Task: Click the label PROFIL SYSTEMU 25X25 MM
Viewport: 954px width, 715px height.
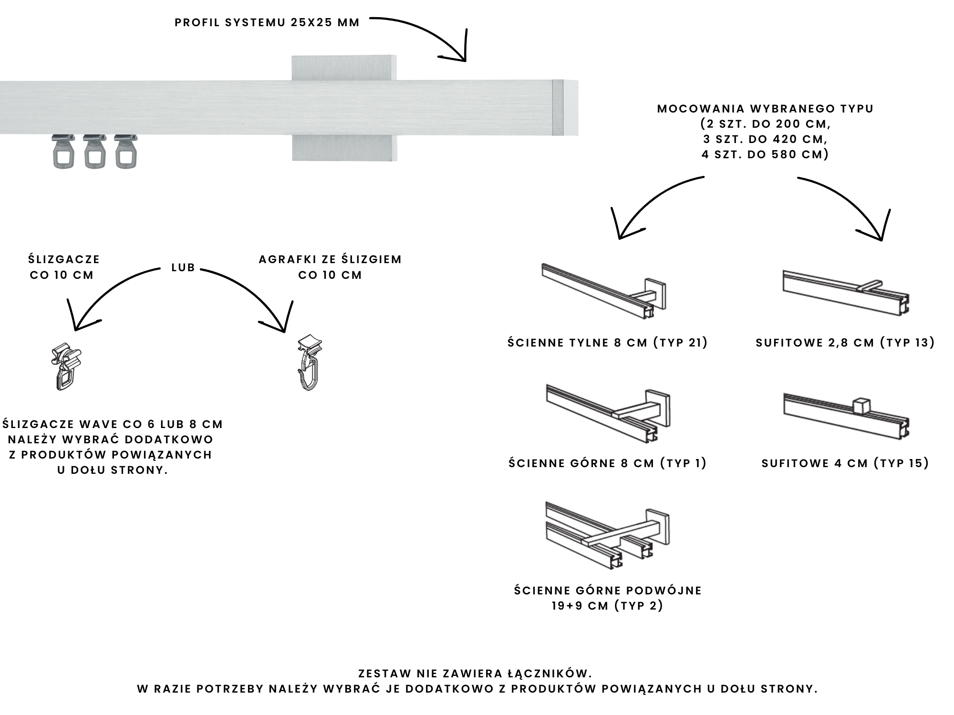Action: click(x=267, y=23)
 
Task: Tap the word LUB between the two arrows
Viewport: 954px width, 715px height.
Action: click(x=183, y=267)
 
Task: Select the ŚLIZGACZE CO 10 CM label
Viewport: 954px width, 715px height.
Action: click(x=64, y=267)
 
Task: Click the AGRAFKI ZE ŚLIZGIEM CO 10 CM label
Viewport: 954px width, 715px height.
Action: click(x=330, y=267)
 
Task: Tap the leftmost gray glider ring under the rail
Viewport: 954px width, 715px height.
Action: click(x=64, y=152)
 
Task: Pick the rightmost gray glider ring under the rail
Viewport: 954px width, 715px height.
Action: click(x=126, y=152)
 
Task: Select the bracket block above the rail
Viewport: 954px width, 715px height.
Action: click(x=343, y=68)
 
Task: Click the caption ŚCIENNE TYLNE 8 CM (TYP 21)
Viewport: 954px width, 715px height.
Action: click(x=608, y=343)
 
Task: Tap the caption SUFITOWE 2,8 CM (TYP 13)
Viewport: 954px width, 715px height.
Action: click(x=845, y=343)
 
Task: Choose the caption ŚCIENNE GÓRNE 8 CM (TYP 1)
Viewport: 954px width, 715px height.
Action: click(x=608, y=463)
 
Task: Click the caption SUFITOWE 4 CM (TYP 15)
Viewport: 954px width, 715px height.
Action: click(x=845, y=463)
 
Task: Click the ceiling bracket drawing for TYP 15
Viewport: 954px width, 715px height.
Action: click(x=846, y=417)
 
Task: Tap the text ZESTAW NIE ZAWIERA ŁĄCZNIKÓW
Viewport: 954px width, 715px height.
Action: click(x=475, y=674)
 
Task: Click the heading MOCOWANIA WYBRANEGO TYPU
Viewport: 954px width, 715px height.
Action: click(x=765, y=109)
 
